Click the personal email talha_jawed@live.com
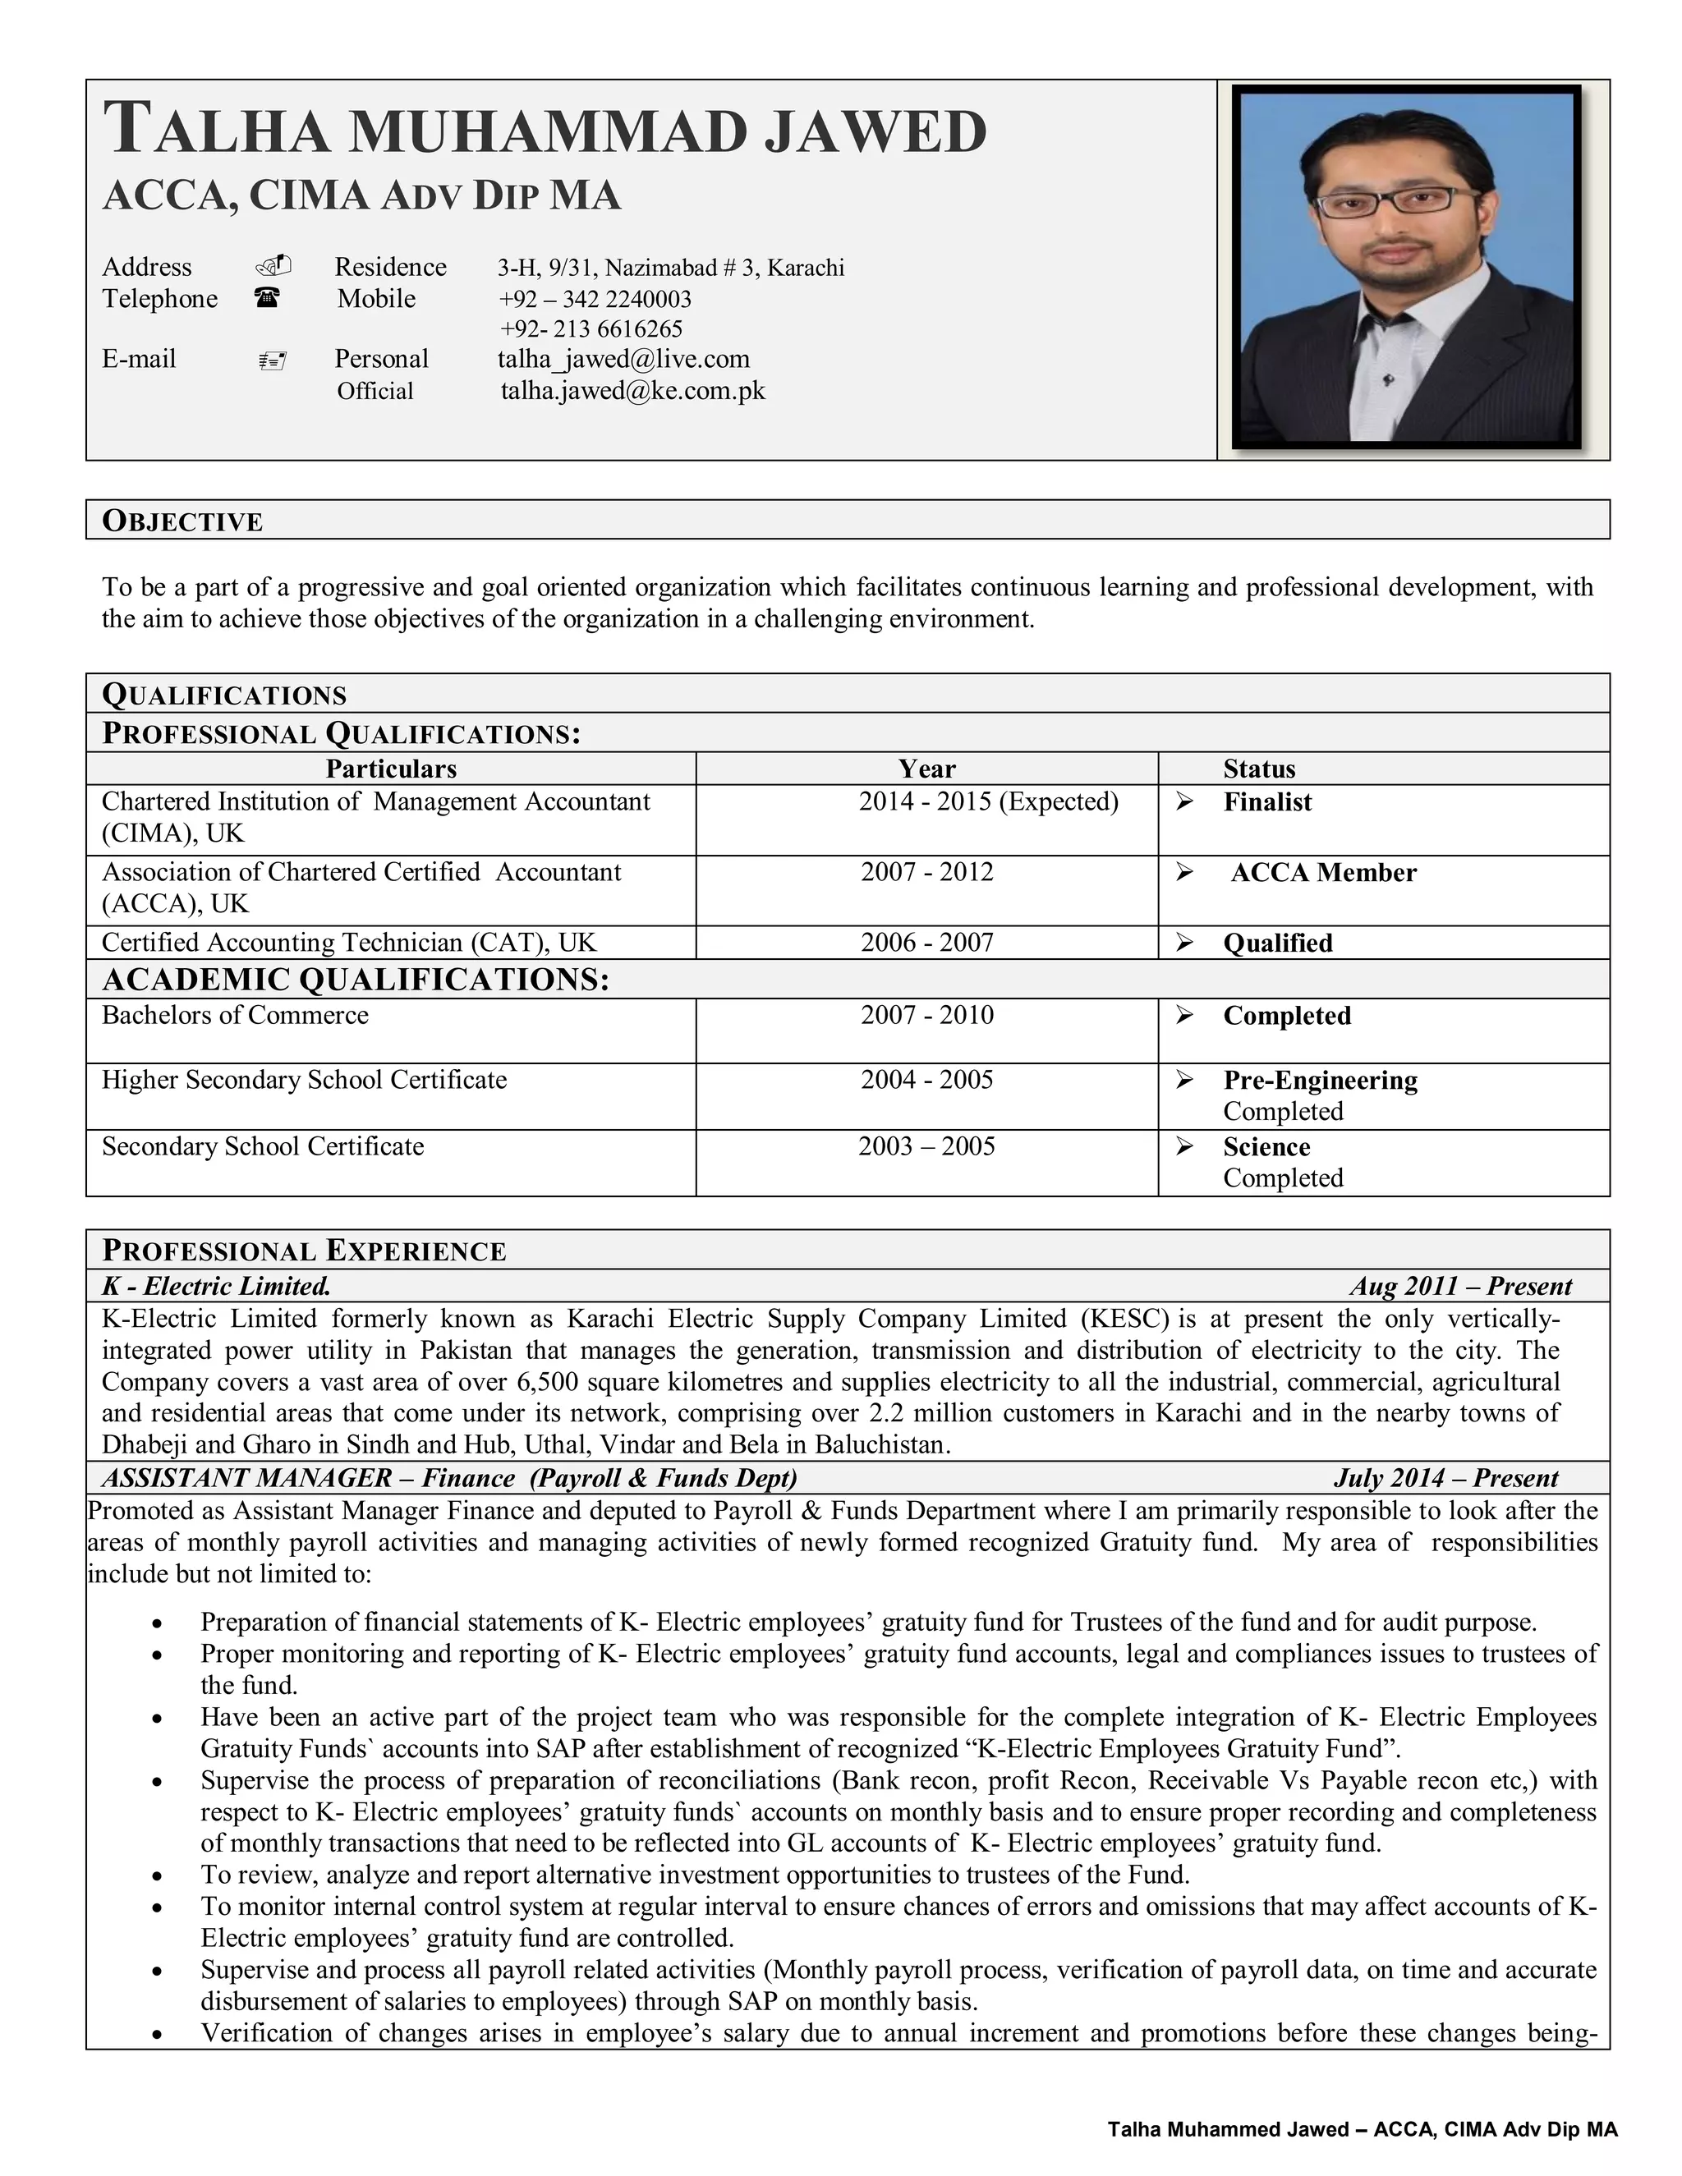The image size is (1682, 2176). click(624, 360)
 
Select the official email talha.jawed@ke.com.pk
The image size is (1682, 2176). click(632, 391)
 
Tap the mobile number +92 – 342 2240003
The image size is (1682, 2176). click(595, 299)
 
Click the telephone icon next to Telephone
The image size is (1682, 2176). click(266, 297)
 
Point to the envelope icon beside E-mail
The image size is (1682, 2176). click(272, 360)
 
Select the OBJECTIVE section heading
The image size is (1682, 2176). click(182, 521)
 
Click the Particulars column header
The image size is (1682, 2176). click(391, 769)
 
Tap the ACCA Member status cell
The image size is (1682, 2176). click(1322, 873)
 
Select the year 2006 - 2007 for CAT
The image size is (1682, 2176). click(926, 943)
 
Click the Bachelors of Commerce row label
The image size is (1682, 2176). click(235, 1015)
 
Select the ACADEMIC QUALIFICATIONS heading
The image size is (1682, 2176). click(356, 980)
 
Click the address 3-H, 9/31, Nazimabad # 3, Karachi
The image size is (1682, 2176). click(671, 268)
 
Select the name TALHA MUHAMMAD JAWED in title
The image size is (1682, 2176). click(545, 131)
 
